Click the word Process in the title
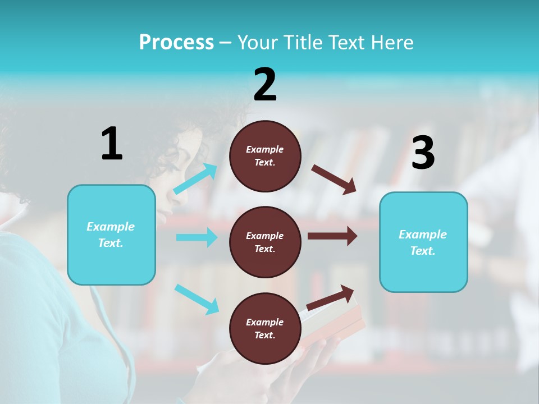[x=176, y=43]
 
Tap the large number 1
[x=112, y=144]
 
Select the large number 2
[x=265, y=84]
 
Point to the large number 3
[x=423, y=153]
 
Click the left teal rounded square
[x=111, y=235]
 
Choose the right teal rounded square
[x=423, y=242]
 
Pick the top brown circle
[x=265, y=156]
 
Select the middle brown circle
[x=265, y=242]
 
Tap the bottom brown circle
[x=265, y=328]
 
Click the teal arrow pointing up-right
[x=195, y=179]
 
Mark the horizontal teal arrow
[x=197, y=237]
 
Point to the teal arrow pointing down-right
[x=197, y=299]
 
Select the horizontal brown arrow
[x=332, y=236]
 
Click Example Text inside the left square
[x=111, y=235]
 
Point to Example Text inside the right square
[x=423, y=242]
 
